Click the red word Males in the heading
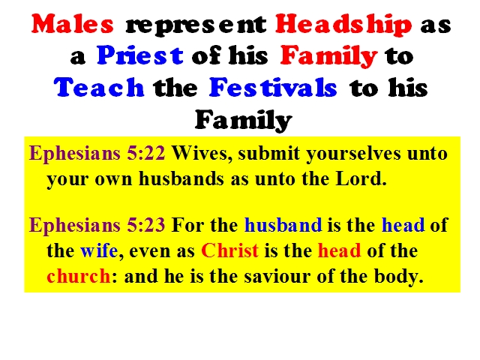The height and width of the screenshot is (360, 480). [73, 24]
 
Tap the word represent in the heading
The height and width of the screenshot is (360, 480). [196, 25]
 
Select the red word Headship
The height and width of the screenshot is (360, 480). [343, 25]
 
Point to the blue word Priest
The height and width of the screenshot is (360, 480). [140, 55]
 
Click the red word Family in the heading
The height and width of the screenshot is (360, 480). [328, 57]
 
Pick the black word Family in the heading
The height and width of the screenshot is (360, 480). [244, 120]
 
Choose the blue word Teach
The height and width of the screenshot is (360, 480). [99, 87]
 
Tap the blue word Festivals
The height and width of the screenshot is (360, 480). [273, 87]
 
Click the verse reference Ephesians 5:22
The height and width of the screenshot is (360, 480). [97, 153]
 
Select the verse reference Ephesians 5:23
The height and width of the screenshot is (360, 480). [97, 225]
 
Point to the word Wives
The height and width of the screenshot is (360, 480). [202, 154]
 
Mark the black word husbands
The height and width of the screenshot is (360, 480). [181, 178]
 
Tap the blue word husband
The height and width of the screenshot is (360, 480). [283, 225]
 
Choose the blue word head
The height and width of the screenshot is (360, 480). [403, 225]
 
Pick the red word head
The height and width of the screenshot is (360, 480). [340, 250]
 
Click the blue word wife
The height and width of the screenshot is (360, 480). [99, 250]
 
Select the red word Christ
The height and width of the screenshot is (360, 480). [230, 250]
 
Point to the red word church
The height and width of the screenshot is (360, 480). [78, 276]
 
